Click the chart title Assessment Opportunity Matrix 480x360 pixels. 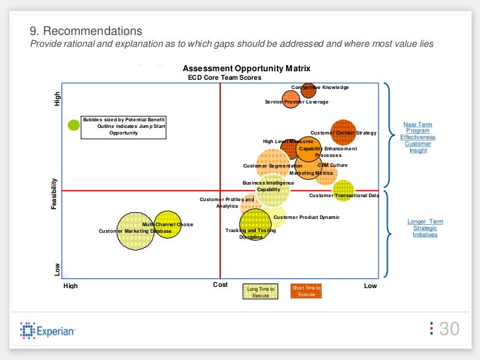point(246,69)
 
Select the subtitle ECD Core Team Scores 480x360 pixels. point(224,78)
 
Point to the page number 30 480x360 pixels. point(448,329)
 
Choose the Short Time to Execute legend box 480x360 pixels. point(306,291)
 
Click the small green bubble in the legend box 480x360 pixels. point(74,124)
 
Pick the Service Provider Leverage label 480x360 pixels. point(296,102)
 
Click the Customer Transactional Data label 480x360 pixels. point(344,195)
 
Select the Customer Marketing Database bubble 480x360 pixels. point(135,231)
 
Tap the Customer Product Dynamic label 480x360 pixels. point(306,217)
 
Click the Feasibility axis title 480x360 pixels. point(54,195)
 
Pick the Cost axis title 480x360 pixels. point(220,284)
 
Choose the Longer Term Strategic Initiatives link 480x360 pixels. point(425,228)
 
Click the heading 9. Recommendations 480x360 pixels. point(86,31)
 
